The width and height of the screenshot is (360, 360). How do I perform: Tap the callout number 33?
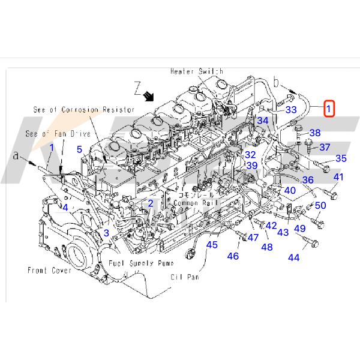point(290,110)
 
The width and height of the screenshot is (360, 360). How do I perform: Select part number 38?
point(314,133)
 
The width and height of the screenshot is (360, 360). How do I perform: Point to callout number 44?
point(293,257)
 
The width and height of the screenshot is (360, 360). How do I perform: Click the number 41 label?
point(338,177)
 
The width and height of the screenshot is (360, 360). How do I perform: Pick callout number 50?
point(320,206)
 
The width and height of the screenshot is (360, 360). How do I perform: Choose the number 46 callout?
point(232,256)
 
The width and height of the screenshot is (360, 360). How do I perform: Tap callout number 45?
point(213,244)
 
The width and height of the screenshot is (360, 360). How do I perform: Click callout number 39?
point(252,166)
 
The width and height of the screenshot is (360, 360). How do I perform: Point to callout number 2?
point(151,203)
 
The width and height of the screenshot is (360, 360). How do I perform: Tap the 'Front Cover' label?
point(49,271)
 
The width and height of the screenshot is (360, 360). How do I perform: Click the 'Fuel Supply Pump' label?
point(140,263)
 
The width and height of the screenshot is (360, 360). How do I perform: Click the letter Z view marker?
point(137,92)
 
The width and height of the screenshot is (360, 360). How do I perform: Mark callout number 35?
point(341,158)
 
